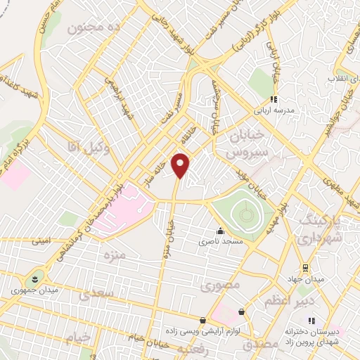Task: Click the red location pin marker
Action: coord(181,165)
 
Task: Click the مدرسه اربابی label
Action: coord(281,111)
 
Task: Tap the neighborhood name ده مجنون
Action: coord(86,30)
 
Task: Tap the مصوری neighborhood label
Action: coord(220,285)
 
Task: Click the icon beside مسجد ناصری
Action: coord(221,231)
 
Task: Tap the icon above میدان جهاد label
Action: coord(305,268)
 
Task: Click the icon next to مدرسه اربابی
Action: coord(274,99)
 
